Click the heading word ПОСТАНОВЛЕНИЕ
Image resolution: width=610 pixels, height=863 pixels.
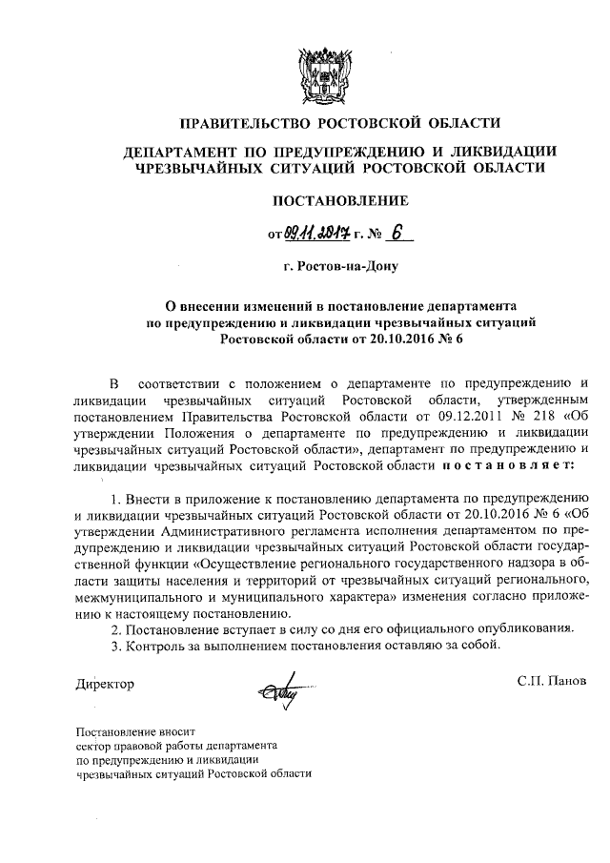340,200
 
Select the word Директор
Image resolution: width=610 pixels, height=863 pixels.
105,683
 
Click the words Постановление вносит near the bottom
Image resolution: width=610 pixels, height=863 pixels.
132,731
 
